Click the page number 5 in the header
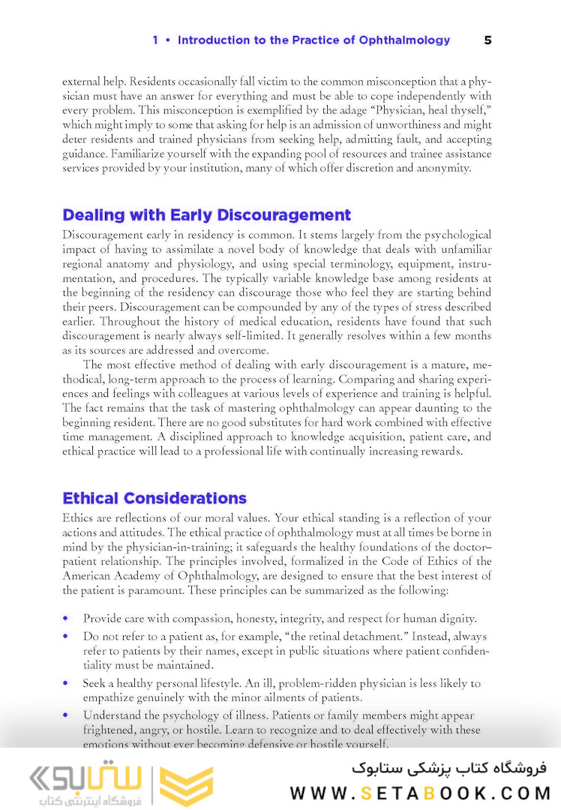[487, 40]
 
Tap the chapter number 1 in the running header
[155, 40]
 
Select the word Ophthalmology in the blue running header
[403, 40]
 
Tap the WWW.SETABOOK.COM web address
[419, 793]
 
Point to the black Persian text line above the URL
[449, 768]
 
